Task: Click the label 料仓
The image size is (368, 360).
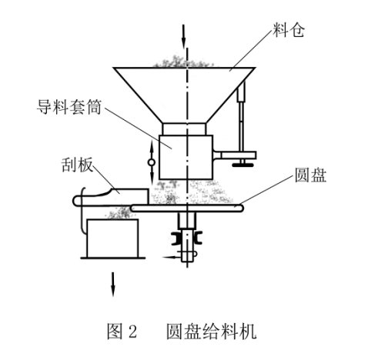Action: (x=288, y=30)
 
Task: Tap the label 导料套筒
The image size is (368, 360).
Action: (x=69, y=107)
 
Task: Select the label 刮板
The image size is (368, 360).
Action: (x=77, y=165)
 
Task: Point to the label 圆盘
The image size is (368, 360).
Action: (x=310, y=175)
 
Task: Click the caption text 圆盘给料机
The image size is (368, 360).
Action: (x=212, y=332)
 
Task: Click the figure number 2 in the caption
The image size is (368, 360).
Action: (x=132, y=332)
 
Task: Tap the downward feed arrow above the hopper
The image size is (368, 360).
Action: (x=183, y=36)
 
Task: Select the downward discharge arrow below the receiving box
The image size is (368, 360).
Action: (x=112, y=285)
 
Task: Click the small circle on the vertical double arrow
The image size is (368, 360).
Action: (x=152, y=162)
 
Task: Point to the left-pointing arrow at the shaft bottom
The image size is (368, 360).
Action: (x=172, y=257)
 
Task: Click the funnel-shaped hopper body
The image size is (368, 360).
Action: (x=184, y=95)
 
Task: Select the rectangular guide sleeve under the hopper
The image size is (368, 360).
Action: (x=186, y=157)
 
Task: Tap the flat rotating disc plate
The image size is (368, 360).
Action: (x=187, y=208)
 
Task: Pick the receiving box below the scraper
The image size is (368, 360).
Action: (x=112, y=238)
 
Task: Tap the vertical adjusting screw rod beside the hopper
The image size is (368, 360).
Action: (x=242, y=116)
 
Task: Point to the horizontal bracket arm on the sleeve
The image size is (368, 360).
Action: (x=234, y=155)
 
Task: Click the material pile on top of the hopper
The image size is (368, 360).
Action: (x=182, y=62)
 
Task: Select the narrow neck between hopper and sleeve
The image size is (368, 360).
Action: (x=184, y=128)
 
